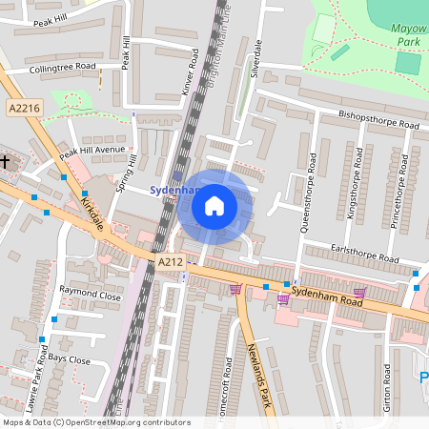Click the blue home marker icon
[214, 206]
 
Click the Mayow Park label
[409, 35]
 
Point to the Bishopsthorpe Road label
[378, 120]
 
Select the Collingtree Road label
[63, 68]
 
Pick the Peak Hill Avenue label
[92, 151]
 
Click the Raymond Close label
[91, 296]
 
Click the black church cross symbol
[5, 161]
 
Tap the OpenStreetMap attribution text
[96, 422]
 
